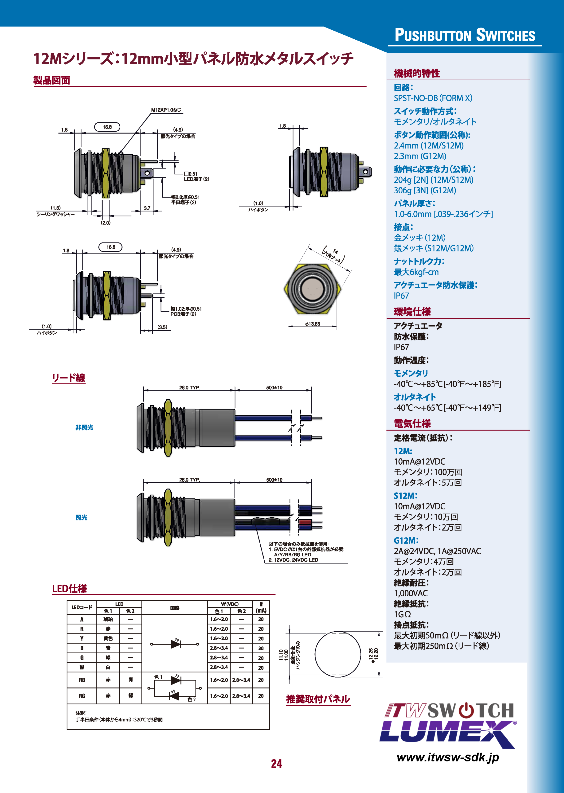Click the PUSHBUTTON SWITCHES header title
click(465, 35)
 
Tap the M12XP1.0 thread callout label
click(166, 110)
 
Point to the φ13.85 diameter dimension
click(312, 324)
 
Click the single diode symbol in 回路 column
click(175, 644)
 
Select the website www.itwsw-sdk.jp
click(448, 757)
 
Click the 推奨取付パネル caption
click(318, 699)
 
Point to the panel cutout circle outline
click(315, 654)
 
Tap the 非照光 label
click(84, 427)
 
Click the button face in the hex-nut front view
click(313, 289)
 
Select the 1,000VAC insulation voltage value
click(411, 593)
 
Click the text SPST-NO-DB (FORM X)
click(433, 98)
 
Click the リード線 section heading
click(68, 378)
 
